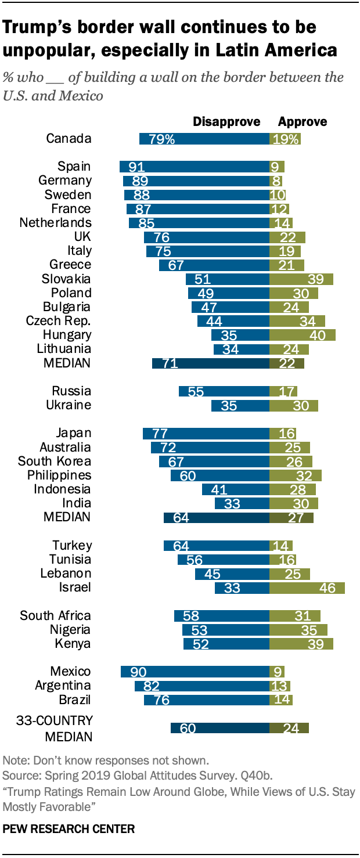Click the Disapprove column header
point(226,122)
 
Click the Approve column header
point(303,122)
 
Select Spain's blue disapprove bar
point(195,167)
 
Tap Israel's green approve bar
point(307,588)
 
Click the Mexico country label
point(70,672)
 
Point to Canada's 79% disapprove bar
point(204,139)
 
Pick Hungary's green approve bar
point(302,335)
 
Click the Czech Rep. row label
point(59,321)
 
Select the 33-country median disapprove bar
point(220,729)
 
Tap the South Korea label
point(55,462)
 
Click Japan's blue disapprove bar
point(206,433)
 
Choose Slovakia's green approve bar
point(301,279)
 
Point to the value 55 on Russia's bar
point(196,391)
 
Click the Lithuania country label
point(63,349)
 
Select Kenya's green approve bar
point(301,644)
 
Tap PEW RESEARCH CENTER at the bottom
point(69,829)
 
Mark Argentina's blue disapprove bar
point(202,686)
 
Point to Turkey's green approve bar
point(280,546)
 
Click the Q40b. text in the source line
point(262,775)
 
